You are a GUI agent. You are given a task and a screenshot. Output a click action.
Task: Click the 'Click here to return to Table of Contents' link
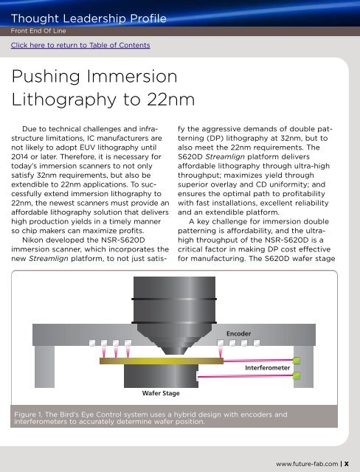click(80, 46)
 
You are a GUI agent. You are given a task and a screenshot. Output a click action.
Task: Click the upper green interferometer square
click(297, 361)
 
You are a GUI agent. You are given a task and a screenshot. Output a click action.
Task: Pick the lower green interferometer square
click(297, 376)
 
